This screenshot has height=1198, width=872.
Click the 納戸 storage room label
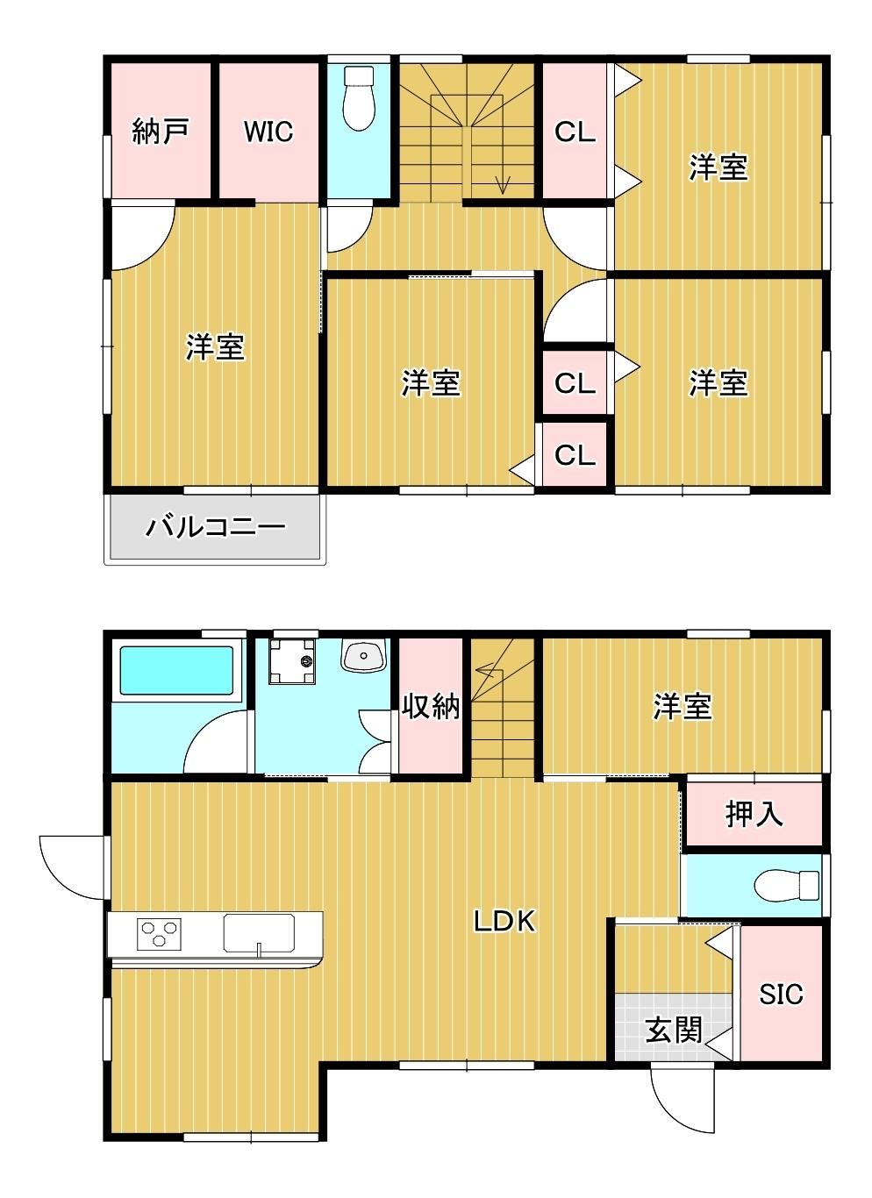161,132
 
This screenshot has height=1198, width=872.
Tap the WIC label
268,132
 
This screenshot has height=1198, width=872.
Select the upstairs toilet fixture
359,98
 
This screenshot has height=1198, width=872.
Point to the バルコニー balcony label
216,527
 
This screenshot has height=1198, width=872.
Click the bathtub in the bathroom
176,670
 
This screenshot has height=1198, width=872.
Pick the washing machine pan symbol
292,661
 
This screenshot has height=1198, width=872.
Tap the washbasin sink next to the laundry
363,655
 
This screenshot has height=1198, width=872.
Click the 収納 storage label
431,707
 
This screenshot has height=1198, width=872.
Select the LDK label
504,921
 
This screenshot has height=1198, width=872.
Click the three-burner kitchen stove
159,934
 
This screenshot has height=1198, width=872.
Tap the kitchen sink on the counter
259,933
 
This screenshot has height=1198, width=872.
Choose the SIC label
781,994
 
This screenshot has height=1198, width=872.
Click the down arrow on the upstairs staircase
503,185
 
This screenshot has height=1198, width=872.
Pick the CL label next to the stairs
575,132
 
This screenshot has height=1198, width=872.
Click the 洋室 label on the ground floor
683,707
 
